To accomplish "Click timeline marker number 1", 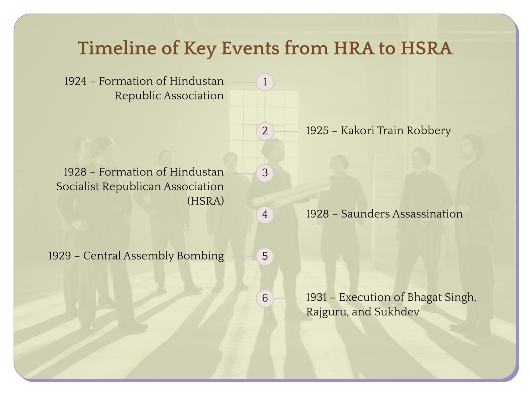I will pos(265,82).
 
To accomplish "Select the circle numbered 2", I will pos(265,131).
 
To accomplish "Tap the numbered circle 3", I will pos(265,173).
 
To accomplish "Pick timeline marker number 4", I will pos(265,214).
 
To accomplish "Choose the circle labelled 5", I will pos(265,256).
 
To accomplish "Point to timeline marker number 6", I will pos(265,298).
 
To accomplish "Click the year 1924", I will pos(75,81).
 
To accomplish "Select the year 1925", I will pos(317,131).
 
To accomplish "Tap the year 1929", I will pos(59,256).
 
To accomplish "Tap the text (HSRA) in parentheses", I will pos(205,201).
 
